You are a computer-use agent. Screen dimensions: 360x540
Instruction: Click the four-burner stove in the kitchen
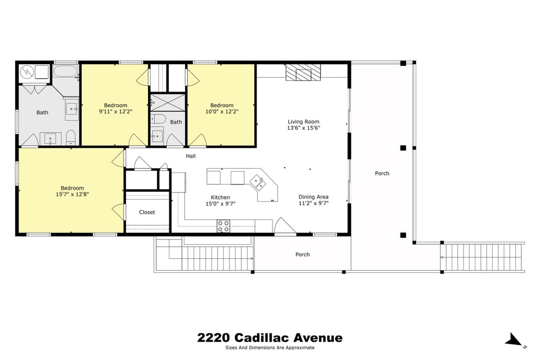click(x=223, y=226)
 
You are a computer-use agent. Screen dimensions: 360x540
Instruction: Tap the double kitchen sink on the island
click(x=258, y=181)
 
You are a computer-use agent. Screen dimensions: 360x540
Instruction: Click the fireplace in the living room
click(x=303, y=73)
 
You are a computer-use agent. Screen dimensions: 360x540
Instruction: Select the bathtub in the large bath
click(x=66, y=72)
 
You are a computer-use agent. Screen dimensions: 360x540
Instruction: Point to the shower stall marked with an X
click(x=168, y=103)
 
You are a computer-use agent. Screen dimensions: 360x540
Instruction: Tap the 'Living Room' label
click(x=303, y=121)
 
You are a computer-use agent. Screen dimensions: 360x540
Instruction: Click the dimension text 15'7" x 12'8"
click(x=73, y=195)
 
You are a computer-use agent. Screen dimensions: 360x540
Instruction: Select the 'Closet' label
click(x=147, y=212)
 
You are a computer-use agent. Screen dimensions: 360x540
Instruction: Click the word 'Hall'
click(x=191, y=156)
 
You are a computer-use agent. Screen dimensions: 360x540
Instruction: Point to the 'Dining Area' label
click(x=313, y=197)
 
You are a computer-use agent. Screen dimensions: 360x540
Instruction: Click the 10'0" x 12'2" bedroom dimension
click(x=222, y=111)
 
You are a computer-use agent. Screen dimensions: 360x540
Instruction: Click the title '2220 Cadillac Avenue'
click(x=269, y=338)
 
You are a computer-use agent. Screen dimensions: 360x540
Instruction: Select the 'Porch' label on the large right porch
click(x=382, y=173)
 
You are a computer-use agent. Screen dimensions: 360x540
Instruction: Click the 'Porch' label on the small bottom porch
click(x=303, y=254)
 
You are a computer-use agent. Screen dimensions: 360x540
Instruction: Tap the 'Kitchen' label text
click(x=220, y=197)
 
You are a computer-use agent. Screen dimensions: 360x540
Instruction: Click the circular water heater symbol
click(x=27, y=72)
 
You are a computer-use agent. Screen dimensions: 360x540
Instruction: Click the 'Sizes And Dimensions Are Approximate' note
click(x=269, y=348)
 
